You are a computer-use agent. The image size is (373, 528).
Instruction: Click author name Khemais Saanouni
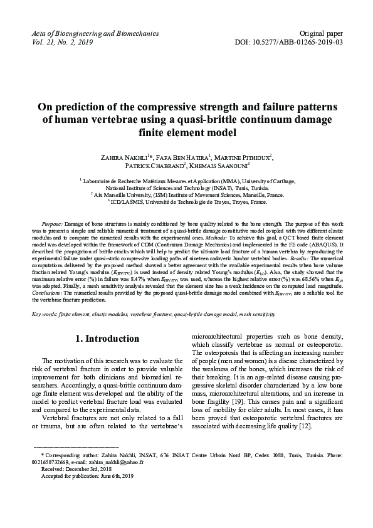(220, 166)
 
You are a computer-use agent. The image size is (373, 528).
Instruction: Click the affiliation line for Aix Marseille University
(187, 194)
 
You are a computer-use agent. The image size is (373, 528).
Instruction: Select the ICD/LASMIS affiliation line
(187, 202)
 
